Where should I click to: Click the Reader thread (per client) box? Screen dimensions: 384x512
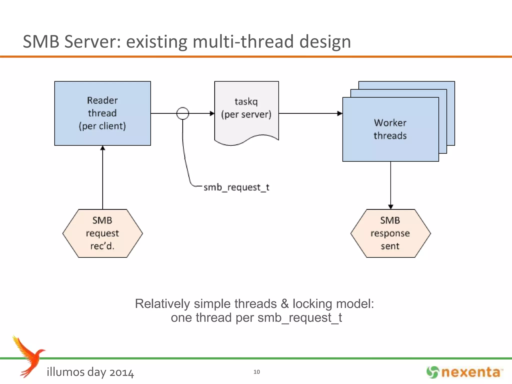pos(102,113)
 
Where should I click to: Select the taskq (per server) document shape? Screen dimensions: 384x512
pos(246,112)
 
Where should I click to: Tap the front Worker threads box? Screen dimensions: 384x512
pos(390,129)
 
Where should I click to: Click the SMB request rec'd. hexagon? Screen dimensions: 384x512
pos(102,233)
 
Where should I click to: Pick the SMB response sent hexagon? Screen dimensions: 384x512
pos(390,233)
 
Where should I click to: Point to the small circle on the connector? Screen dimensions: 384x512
pos(182,113)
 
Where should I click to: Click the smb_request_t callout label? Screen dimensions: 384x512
pos(236,187)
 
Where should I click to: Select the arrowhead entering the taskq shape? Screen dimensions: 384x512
pos(212,113)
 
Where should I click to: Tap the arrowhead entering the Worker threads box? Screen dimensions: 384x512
pos(340,113)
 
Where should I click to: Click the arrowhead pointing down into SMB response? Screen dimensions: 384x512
pos(391,207)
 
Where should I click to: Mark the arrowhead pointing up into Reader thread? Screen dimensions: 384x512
pos(102,148)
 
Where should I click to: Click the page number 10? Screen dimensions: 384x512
pos(256,372)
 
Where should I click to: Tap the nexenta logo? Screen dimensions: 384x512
pos(464,372)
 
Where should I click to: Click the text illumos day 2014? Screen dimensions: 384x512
pos(90,372)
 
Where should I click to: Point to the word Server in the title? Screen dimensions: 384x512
pos(92,41)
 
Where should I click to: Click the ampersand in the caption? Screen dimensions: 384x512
pos(284,304)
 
